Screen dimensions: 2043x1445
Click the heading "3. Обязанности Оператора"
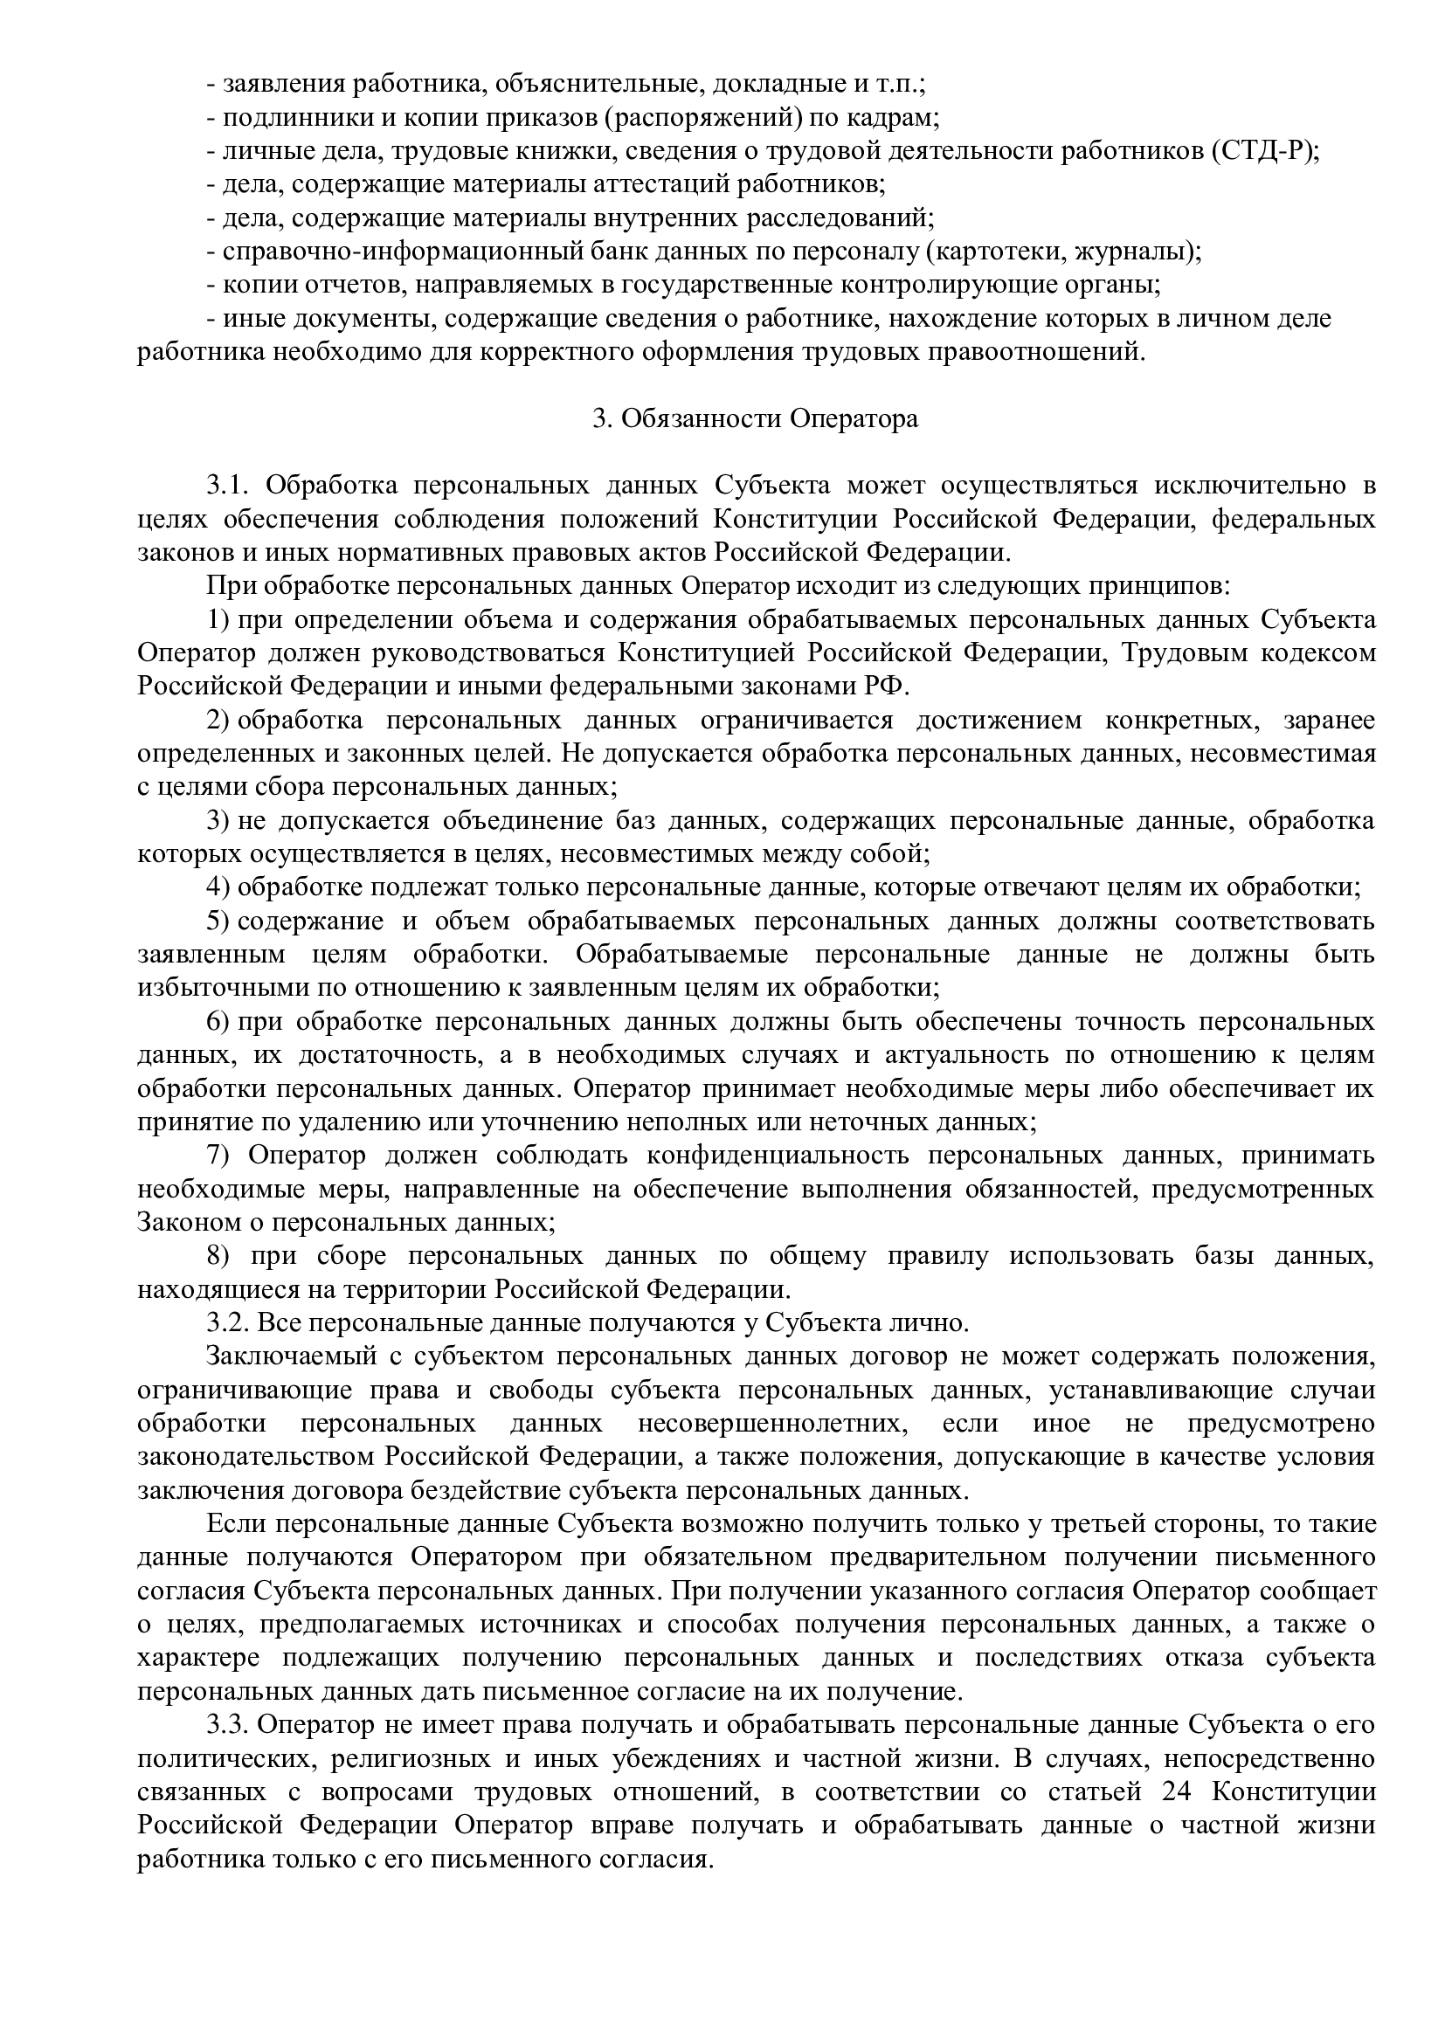click(756, 418)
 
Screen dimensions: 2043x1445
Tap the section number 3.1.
click(228, 485)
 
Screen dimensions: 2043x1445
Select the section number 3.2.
click(228, 1323)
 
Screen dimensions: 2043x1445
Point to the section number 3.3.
click(228, 1725)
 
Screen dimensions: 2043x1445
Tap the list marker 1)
click(219, 619)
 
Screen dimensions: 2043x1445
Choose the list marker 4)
click(219, 887)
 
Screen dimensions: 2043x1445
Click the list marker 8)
click(219, 1255)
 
